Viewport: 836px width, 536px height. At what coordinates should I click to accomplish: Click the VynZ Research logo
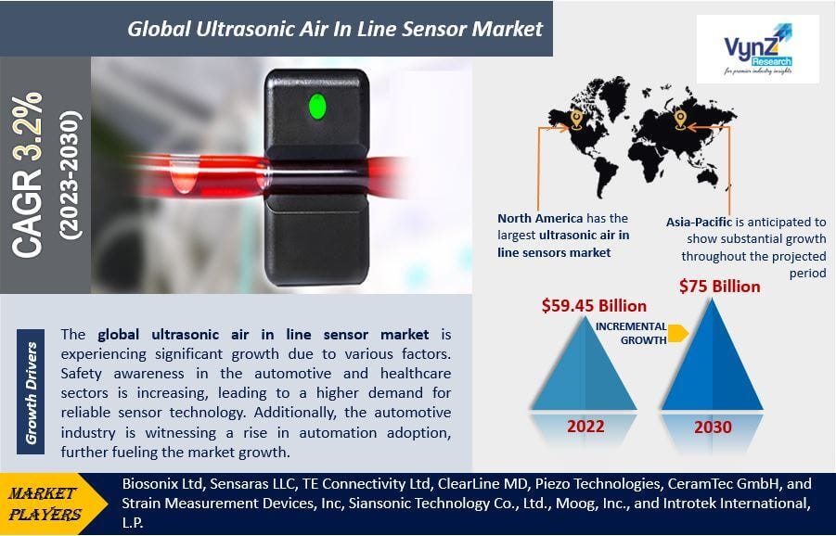(x=758, y=49)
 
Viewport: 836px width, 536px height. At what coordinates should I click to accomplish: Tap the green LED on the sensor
(x=316, y=106)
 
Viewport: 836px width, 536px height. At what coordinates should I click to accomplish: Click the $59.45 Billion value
(x=594, y=305)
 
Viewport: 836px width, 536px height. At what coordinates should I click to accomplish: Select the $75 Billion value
(x=719, y=287)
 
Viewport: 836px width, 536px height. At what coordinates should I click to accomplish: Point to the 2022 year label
(x=585, y=427)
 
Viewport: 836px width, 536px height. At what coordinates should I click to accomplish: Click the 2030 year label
(x=712, y=428)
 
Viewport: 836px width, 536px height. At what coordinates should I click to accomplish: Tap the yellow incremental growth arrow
(x=677, y=333)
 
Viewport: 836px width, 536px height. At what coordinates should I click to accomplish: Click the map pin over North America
(x=576, y=121)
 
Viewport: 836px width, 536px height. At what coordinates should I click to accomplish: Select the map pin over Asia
(x=679, y=120)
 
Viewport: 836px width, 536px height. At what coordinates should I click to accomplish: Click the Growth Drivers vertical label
(x=32, y=392)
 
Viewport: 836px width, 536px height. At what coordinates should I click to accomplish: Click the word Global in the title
(x=156, y=29)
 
